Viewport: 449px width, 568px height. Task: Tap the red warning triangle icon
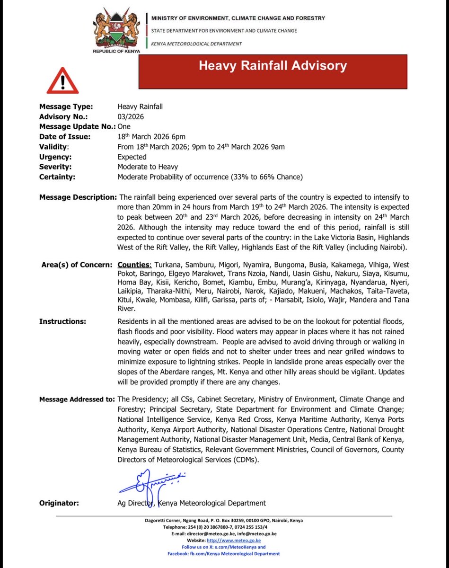(62, 80)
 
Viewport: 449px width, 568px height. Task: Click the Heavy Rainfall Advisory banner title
(273, 65)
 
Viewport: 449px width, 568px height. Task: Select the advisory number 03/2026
(131, 116)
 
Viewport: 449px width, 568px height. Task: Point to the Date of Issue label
(65, 137)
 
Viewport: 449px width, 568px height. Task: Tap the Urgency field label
(55, 157)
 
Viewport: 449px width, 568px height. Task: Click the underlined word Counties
(134, 265)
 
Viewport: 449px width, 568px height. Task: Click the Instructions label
(62, 321)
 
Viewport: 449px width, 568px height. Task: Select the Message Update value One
(124, 126)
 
